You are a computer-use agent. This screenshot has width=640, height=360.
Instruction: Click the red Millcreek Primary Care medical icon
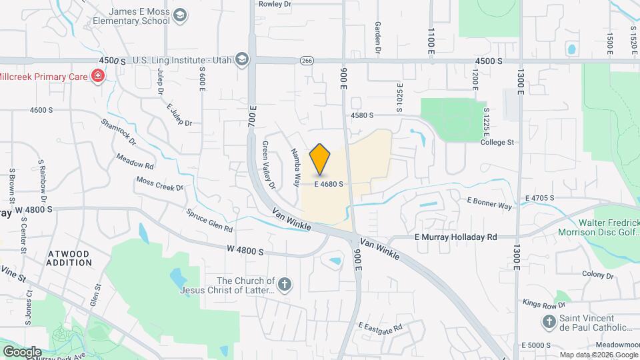coord(98,77)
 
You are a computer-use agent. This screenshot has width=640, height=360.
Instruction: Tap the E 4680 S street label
coord(329,184)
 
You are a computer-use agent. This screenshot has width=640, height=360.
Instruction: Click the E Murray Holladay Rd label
coord(455,237)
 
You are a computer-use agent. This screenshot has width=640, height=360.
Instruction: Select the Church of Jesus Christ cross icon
coord(285,285)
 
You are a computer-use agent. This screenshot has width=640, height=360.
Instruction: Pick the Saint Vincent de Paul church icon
coord(549,323)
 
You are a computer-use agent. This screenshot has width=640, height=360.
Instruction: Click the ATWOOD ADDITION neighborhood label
coord(69,258)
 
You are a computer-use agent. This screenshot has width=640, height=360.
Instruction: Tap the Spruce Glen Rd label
coord(209,219)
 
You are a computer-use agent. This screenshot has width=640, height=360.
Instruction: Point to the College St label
coord(497,142)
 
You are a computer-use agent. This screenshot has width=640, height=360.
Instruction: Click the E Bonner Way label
coord(489,203)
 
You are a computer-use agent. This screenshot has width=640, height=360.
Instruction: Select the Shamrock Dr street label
coord(119,132)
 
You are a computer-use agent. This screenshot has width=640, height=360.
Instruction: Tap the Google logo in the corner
coord(22,351)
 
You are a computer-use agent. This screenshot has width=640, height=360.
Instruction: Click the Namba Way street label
coord(294,163)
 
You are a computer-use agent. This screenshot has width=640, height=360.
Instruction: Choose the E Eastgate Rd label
coord(380,327)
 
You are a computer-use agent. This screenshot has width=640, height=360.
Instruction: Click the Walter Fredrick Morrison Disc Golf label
coord(599,227)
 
